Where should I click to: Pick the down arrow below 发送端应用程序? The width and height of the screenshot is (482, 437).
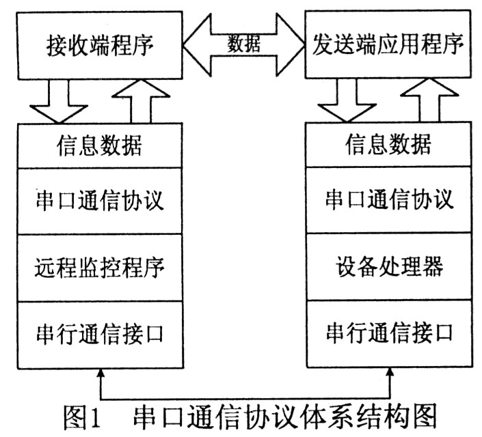[x=346, y=101]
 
